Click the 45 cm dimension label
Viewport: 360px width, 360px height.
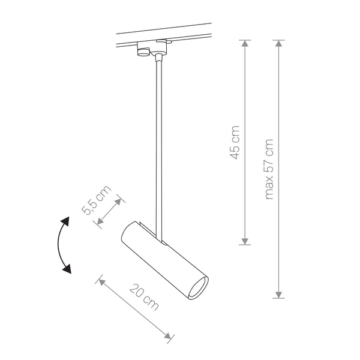coord(235,142)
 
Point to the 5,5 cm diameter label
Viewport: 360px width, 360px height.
coord(96,200)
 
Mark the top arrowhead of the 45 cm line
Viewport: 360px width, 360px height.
coord(244,43)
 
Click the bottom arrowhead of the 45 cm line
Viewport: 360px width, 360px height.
coord(244,241)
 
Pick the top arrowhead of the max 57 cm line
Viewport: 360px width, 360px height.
coord(279,43)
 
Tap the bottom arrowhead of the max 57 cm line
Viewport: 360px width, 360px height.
coord(279,294)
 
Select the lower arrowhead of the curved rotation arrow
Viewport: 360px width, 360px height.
coord(67,268)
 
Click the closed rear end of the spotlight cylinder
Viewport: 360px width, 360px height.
coord(128,234)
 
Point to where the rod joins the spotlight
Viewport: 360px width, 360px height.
coord(157,237)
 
